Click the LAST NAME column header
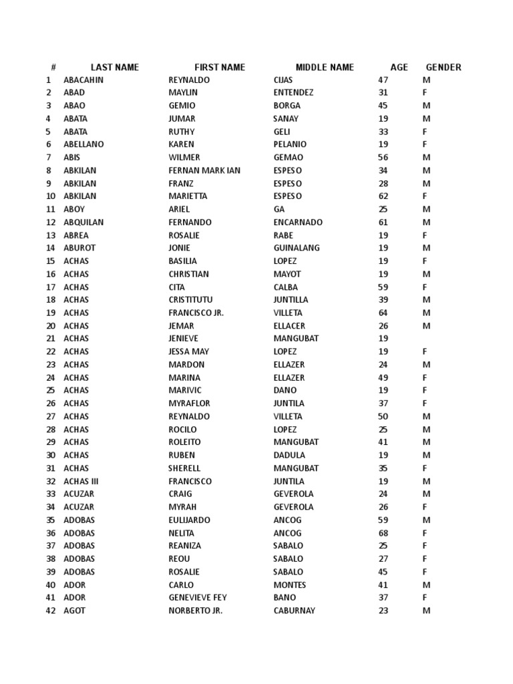(114, 67)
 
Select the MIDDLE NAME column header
(325, 67)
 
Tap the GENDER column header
(444, 67)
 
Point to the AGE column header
(399, 67)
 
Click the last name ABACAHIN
(83, 80)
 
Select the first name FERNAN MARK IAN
(204, 170)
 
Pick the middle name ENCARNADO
(298, 222)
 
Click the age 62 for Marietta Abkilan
(383, 196)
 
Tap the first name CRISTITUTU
(190, 300)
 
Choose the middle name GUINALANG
(297, 248)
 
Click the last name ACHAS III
(81, 482)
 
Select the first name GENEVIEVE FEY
(198, 598)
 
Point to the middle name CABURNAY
(295, 611)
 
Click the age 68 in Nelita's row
(383, 533)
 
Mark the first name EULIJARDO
(189, 520)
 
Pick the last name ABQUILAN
(83, 222)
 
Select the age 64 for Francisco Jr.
(383, 313)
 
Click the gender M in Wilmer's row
(426, 158)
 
